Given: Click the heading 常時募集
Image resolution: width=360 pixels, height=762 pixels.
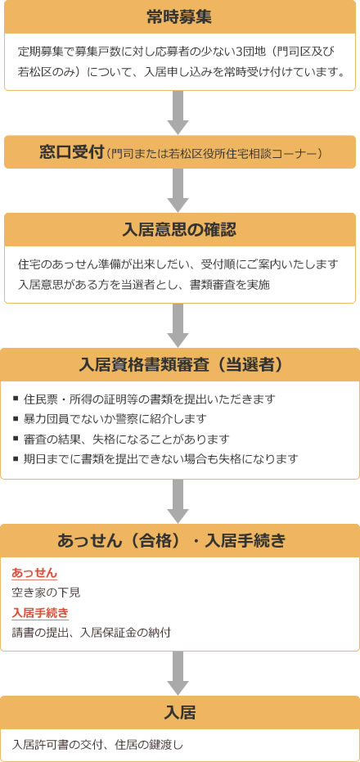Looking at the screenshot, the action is (180, 17).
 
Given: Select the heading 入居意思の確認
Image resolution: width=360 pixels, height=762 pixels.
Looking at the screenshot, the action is (180, 229).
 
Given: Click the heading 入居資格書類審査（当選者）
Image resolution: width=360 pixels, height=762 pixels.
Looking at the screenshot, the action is (180, 365).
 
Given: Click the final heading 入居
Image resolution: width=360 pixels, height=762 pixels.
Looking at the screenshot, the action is (180, 713).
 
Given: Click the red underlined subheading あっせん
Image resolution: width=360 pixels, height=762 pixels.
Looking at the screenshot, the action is (34, 573).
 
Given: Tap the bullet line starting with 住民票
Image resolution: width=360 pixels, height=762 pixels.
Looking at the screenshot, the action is (144, 399).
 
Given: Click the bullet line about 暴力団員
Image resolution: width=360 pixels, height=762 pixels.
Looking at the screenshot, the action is (110, 419).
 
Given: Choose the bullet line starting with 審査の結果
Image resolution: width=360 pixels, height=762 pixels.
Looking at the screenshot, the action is (121, 439).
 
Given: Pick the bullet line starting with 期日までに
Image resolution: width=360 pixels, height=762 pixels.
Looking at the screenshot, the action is (155, 458).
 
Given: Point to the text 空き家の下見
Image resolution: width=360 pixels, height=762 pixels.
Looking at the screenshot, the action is (46, 593).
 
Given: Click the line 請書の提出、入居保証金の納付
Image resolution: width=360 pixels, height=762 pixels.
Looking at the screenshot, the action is (92, 633).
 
